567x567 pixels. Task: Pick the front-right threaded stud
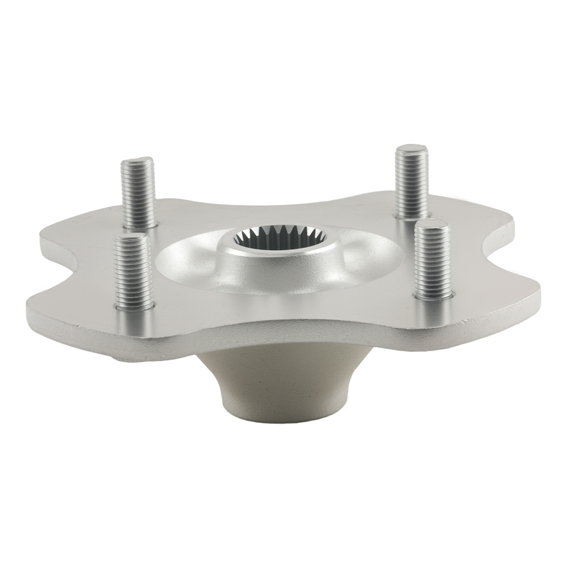click(x=432, y=259)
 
